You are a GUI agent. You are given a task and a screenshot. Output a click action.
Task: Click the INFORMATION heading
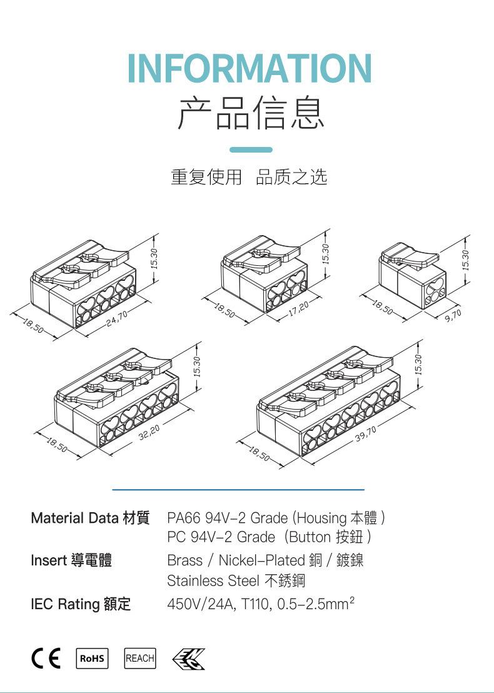(250, 69)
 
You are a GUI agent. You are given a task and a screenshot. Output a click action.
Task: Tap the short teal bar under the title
(251, 150)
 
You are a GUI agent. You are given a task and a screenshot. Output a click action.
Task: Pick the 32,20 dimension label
(149, 432)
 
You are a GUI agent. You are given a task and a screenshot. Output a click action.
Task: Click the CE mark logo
(46, 659)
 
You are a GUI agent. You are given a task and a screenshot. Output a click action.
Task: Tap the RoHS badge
(91, 659)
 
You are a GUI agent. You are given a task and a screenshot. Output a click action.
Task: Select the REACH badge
(140, 659)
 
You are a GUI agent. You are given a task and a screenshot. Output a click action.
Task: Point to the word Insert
(48, 560)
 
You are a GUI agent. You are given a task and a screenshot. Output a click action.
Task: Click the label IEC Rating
(65, 604)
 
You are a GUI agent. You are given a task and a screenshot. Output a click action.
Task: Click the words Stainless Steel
(213, 581)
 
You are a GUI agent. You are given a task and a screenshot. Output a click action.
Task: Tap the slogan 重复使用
(206, 178)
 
